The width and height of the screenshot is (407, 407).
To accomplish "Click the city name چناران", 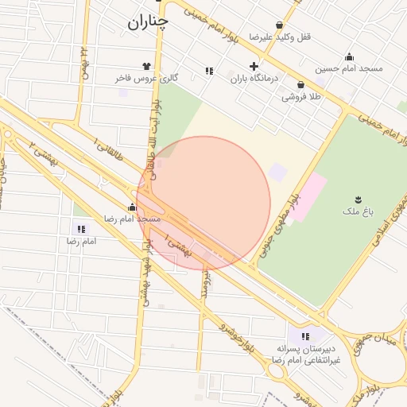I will tap(148, 23).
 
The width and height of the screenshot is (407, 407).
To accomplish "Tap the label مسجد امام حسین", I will tap(349, 68).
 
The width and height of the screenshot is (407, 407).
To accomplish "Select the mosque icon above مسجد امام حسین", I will tap(349, 56).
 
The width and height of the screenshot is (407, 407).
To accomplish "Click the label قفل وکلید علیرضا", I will tap(279, 37).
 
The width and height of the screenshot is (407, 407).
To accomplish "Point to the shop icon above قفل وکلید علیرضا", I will tap(279, 25).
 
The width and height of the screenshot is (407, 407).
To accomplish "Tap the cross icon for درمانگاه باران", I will tap(254, 66).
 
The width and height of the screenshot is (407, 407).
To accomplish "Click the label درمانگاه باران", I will tap(252, 79).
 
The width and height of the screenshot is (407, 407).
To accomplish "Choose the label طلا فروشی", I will tap(300, 97).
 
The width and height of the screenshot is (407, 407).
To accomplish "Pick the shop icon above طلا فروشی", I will tap(300, 85).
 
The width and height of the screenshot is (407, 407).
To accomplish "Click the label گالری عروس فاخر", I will tap(145, 79).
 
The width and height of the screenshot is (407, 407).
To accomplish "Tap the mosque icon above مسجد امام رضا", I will tap(132, 207).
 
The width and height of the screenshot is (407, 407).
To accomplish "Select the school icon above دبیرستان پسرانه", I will tap(305, 337).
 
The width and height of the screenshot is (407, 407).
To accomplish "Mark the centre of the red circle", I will tap(203, 203).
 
